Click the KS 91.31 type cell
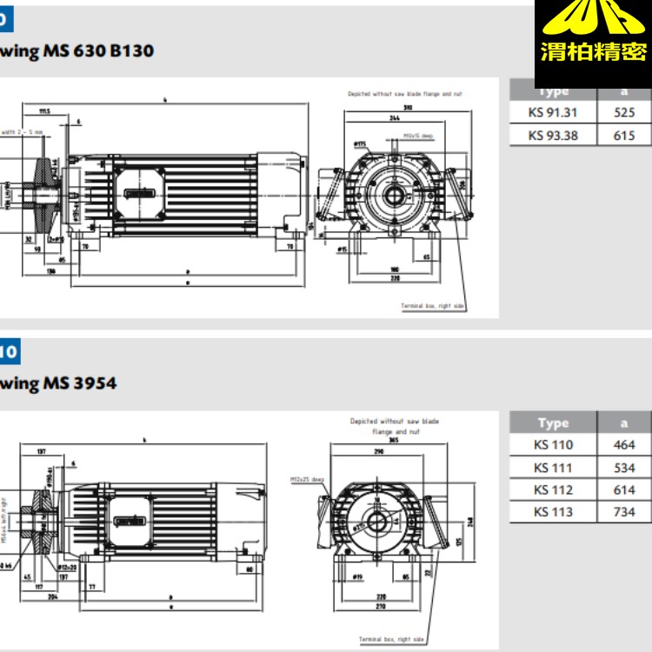552,112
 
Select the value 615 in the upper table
624,135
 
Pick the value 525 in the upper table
624,112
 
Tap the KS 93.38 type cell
552,135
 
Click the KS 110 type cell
553,445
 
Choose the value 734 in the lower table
624,512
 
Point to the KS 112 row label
553,489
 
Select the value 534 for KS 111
624,468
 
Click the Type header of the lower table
553,423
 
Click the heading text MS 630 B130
88,50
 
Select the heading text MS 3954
69,383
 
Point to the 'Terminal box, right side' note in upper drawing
432,306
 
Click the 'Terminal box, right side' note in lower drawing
391,639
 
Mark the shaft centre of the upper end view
397,193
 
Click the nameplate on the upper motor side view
140,194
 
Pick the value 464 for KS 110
624,445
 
